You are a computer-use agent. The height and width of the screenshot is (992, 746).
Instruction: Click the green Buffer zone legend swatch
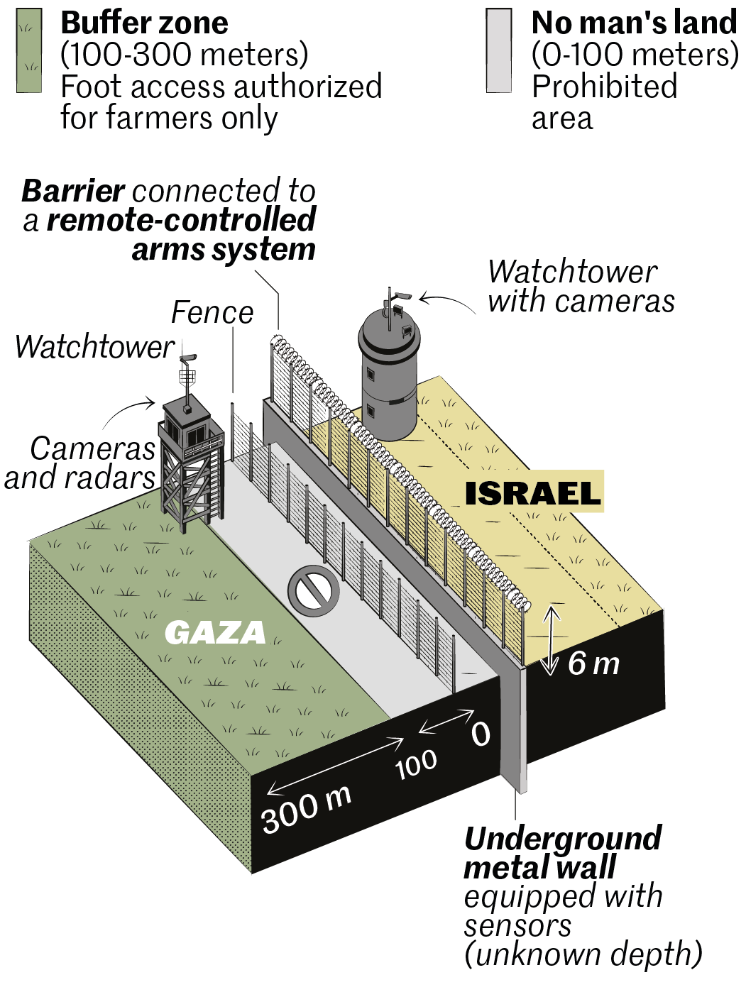(x=29, y=51)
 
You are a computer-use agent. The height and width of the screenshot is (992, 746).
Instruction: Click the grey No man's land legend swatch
(x=499, y=51)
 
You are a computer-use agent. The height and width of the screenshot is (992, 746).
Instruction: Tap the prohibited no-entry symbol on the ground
(x=313, y=591)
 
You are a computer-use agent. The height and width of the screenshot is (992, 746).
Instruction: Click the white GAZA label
(x=215, y=632)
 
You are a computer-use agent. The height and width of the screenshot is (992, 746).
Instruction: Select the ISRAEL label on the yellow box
(x=532, y=492)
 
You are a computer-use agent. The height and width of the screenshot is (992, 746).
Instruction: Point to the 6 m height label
(x=593, y=664)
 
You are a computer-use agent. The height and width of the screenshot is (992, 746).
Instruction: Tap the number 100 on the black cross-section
(x=416, y=764)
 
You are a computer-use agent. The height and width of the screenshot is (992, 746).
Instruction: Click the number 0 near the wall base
(x=481, y=734)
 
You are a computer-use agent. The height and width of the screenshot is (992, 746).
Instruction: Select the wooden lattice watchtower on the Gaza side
(x=190, y=461)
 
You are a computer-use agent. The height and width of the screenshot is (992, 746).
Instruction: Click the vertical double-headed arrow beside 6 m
(x=551, y=640)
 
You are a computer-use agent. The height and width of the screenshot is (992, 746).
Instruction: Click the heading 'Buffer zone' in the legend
(x=144, y=23)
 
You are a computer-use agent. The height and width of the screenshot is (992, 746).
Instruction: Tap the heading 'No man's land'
(x=634, y=23)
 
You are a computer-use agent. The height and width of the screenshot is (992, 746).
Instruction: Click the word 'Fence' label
(x=212, y=312)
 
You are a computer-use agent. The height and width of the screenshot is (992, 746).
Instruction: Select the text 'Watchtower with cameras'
(x=580, y=286)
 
